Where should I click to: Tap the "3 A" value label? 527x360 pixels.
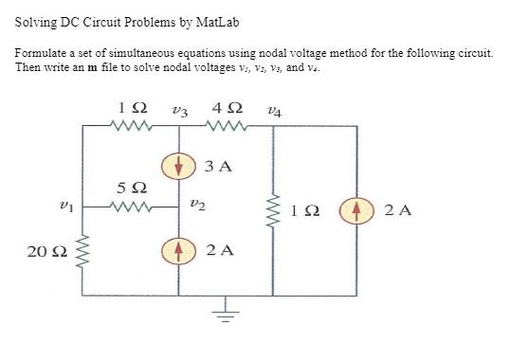[x=218, y=168]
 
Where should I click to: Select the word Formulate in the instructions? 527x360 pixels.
[x=42, y=54]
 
